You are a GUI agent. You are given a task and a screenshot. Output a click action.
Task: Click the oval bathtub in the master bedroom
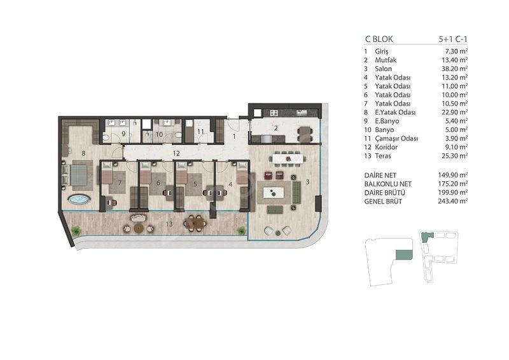pos(79,199)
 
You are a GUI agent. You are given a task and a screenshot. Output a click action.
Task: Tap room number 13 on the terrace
pos(169,224)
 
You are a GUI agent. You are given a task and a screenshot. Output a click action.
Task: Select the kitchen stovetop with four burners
pos(274,113)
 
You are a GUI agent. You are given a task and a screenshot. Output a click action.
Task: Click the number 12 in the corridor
pos(176,153)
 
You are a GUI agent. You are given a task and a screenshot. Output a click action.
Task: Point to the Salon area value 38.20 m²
pos(452,69)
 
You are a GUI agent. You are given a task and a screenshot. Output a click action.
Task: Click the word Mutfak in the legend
pos(386,60)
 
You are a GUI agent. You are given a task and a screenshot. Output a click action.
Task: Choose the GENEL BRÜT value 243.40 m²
pos(452,201)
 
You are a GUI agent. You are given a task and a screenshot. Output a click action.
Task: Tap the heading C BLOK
pos(379,39)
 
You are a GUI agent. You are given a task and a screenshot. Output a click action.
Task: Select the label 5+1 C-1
pos(453,39)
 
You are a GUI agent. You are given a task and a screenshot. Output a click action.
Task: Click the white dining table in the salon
pos(289,158)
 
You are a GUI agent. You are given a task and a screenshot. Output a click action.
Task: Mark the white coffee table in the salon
pos(273,193)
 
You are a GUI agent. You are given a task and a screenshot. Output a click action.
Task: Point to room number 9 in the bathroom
pos(123,134)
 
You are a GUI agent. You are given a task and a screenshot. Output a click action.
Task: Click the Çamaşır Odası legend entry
pos(396,139)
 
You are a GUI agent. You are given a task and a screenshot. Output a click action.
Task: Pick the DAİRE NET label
pos(380,176)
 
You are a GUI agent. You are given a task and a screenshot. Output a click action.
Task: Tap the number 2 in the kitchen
pos(276,128)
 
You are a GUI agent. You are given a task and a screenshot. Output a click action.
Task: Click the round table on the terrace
pos(138,228)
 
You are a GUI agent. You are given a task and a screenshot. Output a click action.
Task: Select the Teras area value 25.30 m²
pos(452,156)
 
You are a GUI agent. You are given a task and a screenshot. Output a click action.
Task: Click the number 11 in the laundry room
pos(200,132)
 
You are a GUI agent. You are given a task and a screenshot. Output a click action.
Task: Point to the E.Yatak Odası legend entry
pos(395,113)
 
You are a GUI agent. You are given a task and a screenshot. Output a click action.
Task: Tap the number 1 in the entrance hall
pos(234,137)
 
